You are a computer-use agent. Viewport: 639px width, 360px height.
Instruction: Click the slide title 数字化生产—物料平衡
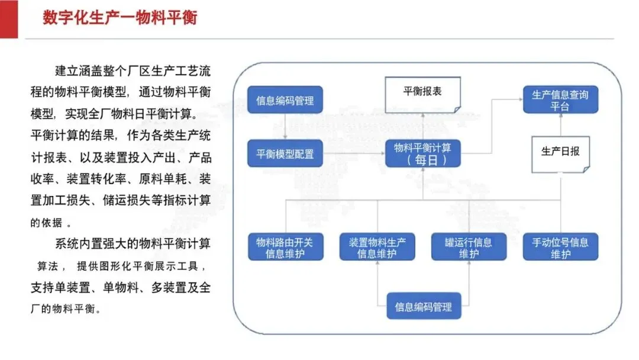pos(120,18)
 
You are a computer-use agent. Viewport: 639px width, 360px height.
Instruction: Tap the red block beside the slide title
pos(9,19)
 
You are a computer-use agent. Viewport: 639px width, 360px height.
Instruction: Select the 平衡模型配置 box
pos(285,154)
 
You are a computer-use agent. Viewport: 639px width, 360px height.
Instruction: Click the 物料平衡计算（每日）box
pos(422,154)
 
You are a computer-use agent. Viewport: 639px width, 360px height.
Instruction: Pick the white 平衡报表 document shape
pos(422,95)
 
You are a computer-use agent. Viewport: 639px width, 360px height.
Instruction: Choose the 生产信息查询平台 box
pos(560,100)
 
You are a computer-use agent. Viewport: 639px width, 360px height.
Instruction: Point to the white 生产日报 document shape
pos(560,155)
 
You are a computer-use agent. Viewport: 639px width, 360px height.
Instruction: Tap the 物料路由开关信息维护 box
pos(285,247)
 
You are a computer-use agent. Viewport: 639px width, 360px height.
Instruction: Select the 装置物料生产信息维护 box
pos(377,247)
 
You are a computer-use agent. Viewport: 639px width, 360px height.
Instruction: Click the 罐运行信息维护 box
pos(469,247)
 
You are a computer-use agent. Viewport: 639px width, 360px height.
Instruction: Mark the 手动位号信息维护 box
pos(560,247)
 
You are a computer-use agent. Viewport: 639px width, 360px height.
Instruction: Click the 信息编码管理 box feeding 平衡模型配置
pos(285,100)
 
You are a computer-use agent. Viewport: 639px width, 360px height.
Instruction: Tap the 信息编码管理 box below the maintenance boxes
pos(424,306)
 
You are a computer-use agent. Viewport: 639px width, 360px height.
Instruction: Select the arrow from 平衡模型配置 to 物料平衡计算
pos(354,153)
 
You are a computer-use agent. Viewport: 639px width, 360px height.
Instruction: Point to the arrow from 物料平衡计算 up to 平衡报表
pos(422,126)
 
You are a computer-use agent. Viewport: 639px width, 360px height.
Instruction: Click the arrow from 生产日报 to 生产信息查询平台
pos(560,125)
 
